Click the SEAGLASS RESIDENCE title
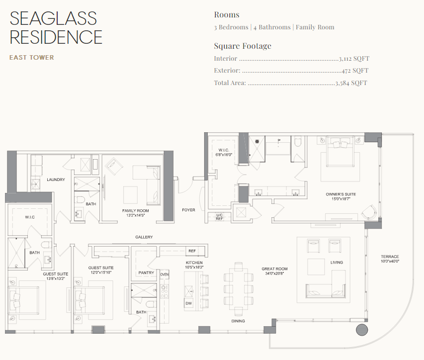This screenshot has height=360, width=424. (x=56, y=27)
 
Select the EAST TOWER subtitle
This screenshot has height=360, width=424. (x=32, y=58)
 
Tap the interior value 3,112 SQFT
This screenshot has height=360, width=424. (x=353, y=59)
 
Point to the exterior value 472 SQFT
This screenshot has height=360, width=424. (x=355, y=71)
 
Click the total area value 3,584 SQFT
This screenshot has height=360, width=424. (x=351, y=83)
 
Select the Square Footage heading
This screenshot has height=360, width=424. (x=243, y=46)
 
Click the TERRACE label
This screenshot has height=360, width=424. (x=390, y=257)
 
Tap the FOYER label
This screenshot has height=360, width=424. (x=188, y=210)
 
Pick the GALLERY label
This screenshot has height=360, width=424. (x=144, y=237)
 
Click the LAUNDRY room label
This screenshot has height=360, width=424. (x=56, y=180)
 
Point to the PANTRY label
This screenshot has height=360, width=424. (x=146, y=272)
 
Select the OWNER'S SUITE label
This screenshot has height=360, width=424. (x=340, y=194)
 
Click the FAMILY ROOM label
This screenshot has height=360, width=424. (x=136, y=211)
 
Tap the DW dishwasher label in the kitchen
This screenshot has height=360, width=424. (x=189, y=303)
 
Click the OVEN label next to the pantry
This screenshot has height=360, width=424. (x=165, y=274)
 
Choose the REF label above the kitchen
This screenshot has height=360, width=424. (x=192, y=251)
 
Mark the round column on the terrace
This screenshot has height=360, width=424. (x=361, y=330)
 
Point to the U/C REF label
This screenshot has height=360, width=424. (x=219, y=217)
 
